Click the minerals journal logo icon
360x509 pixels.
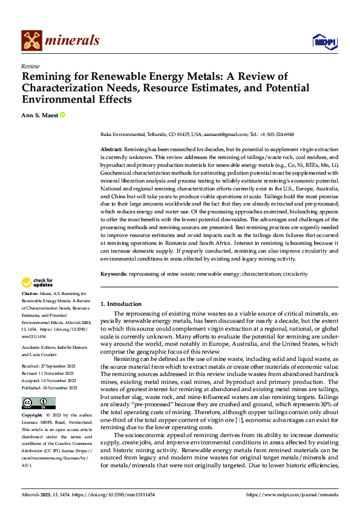(31, 41)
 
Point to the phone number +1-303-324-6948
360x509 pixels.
(275, 135)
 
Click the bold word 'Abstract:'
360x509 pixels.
(111, 149)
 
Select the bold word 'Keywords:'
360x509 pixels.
(113, 274)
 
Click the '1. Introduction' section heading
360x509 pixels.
(121, 304)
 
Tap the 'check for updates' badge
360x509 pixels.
(38, 282)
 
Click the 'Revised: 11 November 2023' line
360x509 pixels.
(48, 356)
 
